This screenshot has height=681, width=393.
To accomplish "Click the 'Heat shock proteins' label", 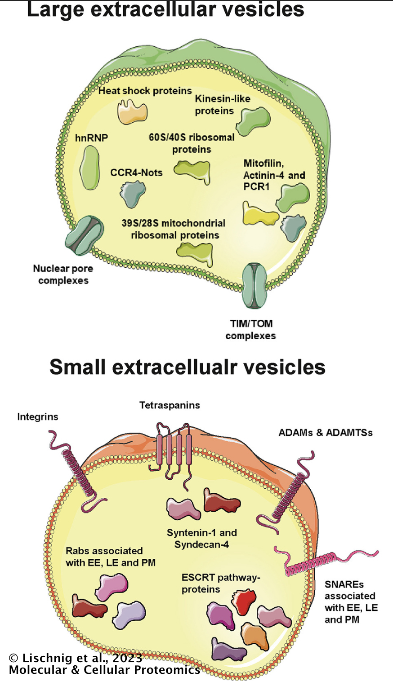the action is [145, 91].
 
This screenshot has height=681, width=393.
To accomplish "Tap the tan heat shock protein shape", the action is [132, 112].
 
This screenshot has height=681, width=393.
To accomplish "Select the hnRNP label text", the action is [91, 138].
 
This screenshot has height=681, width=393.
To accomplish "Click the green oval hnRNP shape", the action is [89, 168].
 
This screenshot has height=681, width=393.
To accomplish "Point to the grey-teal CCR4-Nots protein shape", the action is [132, 194].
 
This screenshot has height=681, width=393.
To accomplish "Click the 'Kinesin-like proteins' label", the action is [223, 105].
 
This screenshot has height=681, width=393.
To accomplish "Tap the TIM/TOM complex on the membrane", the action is [255, 286].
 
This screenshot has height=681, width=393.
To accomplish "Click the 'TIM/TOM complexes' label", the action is [250, 330].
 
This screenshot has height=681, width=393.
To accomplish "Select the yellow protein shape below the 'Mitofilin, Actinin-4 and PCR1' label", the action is [259, 214].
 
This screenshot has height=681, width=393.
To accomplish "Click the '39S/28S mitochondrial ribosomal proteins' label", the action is [174, 229].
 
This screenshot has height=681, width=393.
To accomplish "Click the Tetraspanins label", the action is [170, 405].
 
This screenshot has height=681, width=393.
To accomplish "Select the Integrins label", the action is [37, 416].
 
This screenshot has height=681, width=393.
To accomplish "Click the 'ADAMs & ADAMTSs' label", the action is [326, 433].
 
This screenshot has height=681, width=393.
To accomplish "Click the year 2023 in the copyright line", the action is [127, 658].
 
